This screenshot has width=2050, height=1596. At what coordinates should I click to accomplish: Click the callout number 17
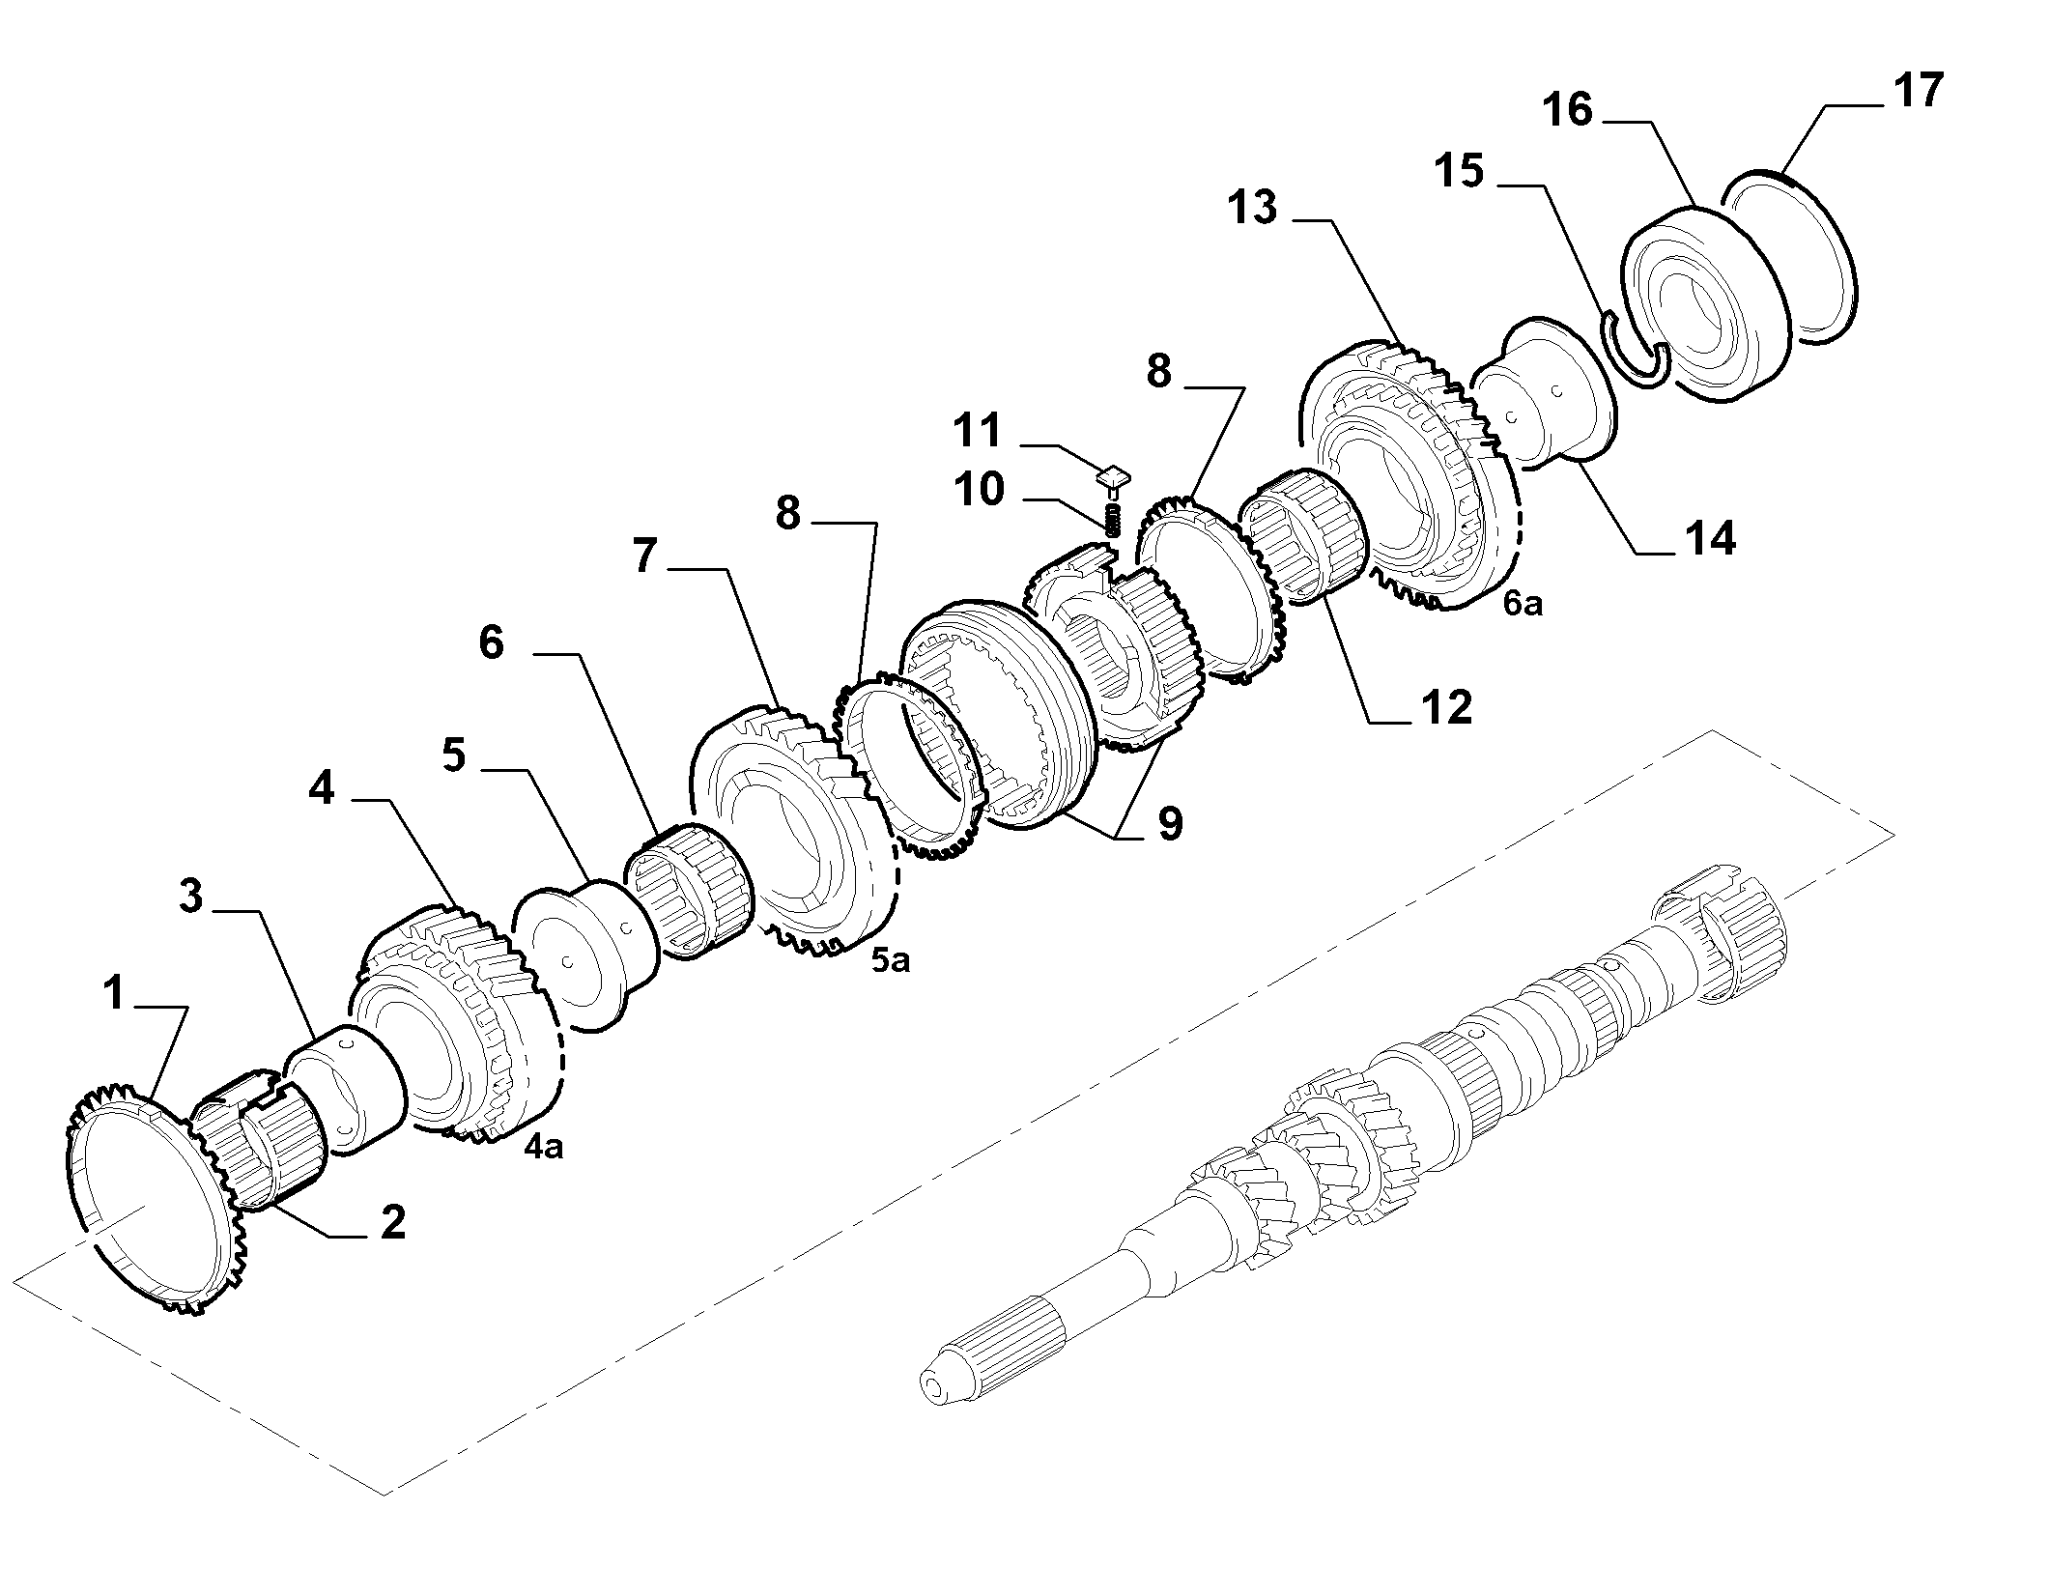pos(1917,91)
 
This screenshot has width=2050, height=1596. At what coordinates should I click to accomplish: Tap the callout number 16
pos(1567,109)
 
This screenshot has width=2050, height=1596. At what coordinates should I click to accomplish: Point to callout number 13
pos(1253,208)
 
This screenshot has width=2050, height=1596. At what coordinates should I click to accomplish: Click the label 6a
pos(1523,604)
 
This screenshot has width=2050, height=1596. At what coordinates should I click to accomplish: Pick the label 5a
pos(890,961)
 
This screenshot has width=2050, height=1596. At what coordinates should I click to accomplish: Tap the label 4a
pos(543,1146)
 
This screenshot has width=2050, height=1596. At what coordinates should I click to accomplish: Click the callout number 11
pos(978,430)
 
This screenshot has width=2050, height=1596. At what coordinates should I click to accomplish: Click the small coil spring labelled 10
pos(1113,520)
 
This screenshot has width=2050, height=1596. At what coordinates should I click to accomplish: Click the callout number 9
pos(1170,824)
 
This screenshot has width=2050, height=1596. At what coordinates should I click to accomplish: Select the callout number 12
pos(1445,707)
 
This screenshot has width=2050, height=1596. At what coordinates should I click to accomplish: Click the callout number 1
pos(115,992)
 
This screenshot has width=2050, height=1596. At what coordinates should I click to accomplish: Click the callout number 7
pos(647,557)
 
